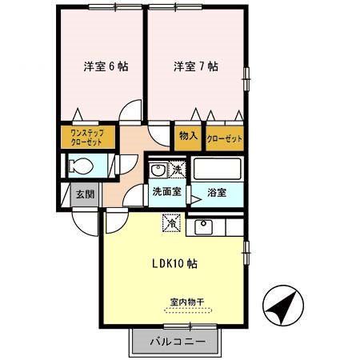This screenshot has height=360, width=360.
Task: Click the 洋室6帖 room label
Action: pyautogui.click(x=103, y=67)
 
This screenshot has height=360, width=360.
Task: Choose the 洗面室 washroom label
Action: pyautogui.click(x=166, y=192)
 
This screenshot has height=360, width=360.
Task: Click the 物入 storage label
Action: pyautogui.click(x=188, y=136)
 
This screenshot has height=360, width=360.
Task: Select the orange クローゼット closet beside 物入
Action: pyautogui.click(x=224, y=137)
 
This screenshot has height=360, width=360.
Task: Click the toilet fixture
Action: pyautogui.click(x=80, y=167)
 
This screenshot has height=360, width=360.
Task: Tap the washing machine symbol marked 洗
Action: pyautogui.click(x=176, y=170)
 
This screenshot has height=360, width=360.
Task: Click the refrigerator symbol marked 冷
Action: pyautogui.click(x=171, y=225)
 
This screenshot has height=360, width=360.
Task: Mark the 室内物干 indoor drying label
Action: pyautogui.click(x=186, y=302)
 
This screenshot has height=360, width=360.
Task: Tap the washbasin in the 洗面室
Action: pyautogui.click(x=158, y=169)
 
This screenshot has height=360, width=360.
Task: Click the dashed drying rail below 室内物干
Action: pyautogui.click(x=186, y=311)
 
